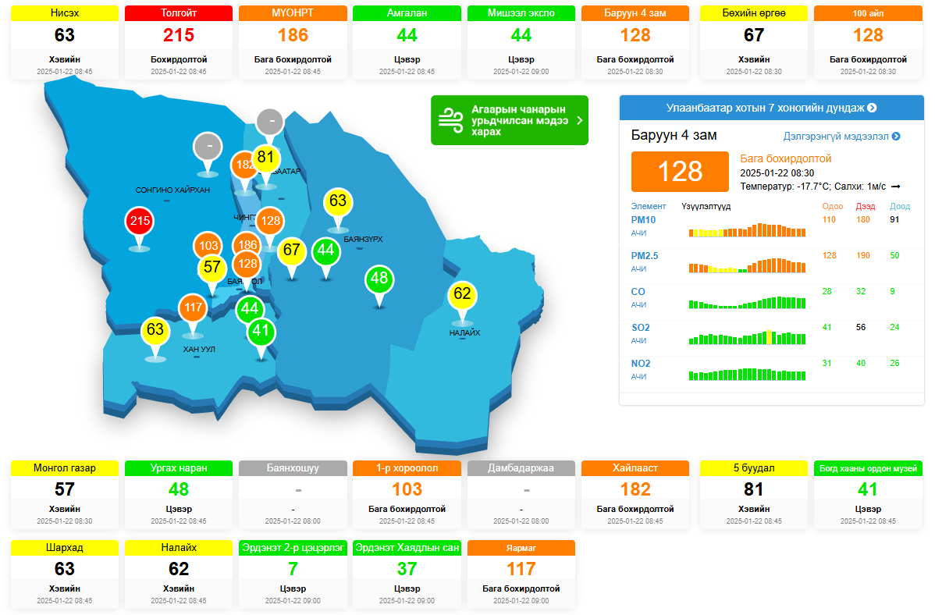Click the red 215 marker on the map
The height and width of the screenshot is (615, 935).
(x=140, y=222)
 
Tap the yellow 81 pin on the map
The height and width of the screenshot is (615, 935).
(x=266, y=157)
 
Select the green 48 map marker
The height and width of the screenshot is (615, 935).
(x=379, y=278)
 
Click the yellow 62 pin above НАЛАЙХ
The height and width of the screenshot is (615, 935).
(x=462, y=294)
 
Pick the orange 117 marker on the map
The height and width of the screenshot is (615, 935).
(x=194, y=307)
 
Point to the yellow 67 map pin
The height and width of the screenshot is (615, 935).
(x=292, y=250)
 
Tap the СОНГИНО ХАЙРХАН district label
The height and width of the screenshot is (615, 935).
(x=172, y=190)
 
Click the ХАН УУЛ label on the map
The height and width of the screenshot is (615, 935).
(x=198, y=349)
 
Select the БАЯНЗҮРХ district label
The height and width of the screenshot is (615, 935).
(x=363, y=239)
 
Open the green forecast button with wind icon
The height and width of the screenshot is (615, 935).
(x=509, y=120)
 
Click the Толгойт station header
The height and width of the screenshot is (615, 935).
(x=179, y=13)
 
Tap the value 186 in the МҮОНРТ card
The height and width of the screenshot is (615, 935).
(x=293, y=35)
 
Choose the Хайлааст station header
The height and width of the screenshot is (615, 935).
(x=635, y=467)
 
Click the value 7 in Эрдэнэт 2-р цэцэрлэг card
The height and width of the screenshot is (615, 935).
(x=293, y=568)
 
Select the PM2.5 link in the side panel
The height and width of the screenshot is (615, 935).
(x=644, y=255)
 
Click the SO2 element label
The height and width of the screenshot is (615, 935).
(x=640, y=327)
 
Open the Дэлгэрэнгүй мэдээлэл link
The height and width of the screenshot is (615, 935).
(x=841, y=136)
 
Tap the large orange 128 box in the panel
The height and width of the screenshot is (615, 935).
(x=681, y=171)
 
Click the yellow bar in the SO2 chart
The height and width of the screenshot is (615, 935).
(x=770, y=337)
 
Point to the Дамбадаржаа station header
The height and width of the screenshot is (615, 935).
(x=521, y=467)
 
